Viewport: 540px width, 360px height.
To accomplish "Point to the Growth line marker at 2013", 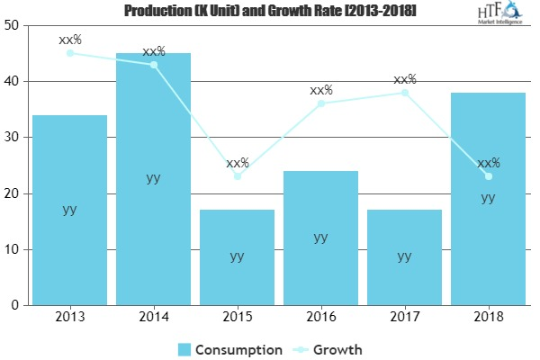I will [69, 53].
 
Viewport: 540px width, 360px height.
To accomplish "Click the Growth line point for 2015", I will [237, 176].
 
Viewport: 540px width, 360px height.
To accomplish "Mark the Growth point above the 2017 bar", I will [405, 93].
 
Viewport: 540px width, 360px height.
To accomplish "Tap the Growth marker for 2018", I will [489, 176].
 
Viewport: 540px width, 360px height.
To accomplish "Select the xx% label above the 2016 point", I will [321, 90].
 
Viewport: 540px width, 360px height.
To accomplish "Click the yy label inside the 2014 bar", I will [153, 178].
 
